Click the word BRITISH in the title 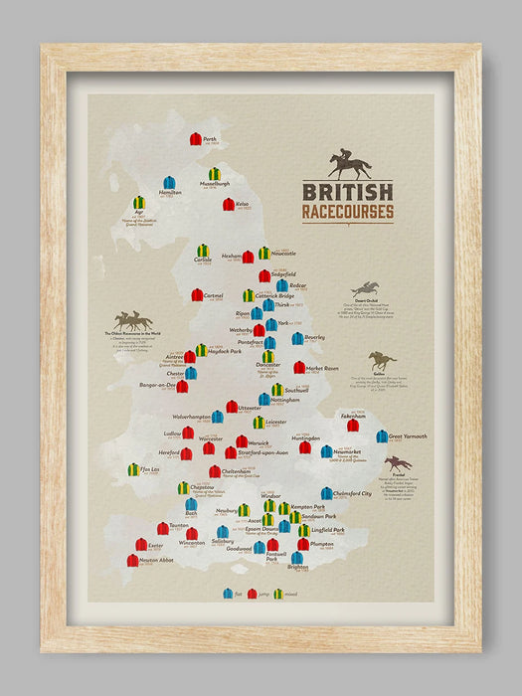pos(347,192)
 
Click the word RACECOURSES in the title pos(347,212)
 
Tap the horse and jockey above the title pos(349,164)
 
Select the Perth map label pos(209,139)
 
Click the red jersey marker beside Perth pos(196,139)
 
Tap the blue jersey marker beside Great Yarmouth pos(382,435)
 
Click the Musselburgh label pos(214,185)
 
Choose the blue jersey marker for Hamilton pos(169,183)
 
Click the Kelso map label pos(243,204)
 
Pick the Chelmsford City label pos(353,493)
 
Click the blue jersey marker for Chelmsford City pos(326,493)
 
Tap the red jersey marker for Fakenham pos(353,425)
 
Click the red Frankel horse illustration pos(398,463)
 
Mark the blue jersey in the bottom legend pos(228,594)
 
